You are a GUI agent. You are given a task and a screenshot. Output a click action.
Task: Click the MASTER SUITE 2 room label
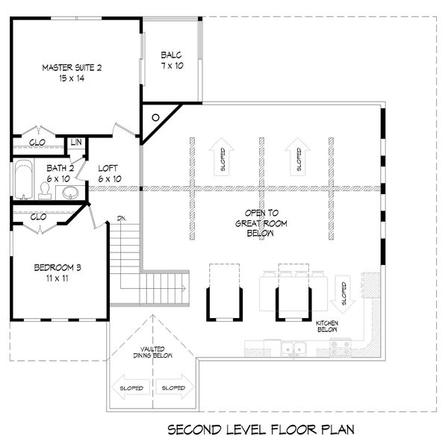pos(72,72)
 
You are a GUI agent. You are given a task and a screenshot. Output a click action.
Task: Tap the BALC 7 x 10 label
pos(172,60)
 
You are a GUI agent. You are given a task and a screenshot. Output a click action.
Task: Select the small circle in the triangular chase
pos(155,117)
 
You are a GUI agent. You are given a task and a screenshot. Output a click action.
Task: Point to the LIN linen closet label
pos(76,143)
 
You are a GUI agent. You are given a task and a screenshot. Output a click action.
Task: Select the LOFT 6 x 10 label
pos(109,173)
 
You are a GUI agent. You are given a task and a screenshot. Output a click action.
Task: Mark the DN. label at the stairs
pos(122,219)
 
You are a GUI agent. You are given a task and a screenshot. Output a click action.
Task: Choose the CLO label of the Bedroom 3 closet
pos(39,217)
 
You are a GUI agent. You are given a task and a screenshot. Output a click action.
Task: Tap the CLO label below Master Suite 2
pos(37,143)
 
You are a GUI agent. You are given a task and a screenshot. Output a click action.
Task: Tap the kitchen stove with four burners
pos(340,346)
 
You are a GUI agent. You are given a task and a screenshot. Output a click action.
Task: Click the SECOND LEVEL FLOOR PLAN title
pos(261,429)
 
